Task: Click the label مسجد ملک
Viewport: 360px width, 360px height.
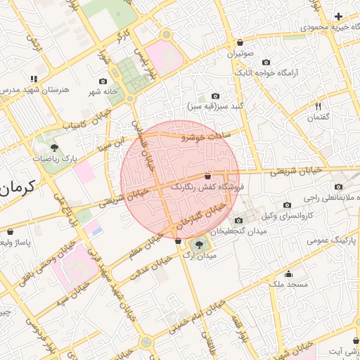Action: pyautogui.click(x=288, y=285)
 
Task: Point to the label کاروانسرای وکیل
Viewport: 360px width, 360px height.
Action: pyautogui.click(x=295, y=212)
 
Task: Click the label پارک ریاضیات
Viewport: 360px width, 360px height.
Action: pyautogui.click(x=54, y=159)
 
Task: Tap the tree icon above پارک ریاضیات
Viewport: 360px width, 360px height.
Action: pyautogui.click(x=54, y=148)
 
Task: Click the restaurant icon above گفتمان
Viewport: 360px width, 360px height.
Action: pyautogui.click(x=318, y=106)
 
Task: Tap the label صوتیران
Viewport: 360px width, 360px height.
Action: pyautogui.click(x=240, y=53)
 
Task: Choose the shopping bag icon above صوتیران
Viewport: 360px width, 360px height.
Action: pyautogui.click(x=240, y=43)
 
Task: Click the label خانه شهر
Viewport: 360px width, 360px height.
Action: pyautogui.click(x=102, y=92)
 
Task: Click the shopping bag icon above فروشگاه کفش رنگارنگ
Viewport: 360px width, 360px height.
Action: pyautogui.click(x=207, y=176)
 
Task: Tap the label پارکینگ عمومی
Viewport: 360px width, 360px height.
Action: pyautogui.click(x=333, y=240)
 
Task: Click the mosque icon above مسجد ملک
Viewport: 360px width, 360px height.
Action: pyautogui.click(x=288, y=274)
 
